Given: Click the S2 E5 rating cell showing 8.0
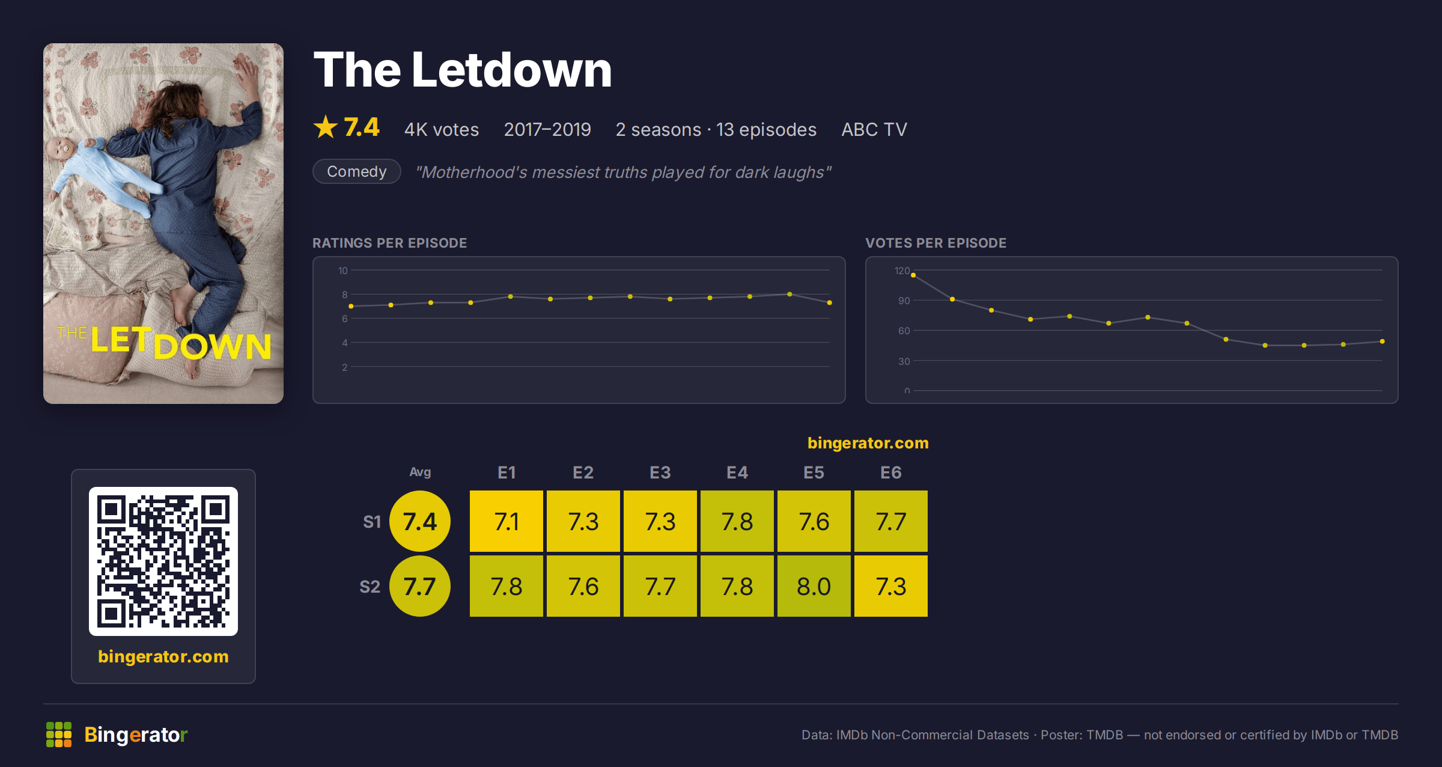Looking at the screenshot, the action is [814, 586].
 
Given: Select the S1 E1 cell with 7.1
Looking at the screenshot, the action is [507, 521].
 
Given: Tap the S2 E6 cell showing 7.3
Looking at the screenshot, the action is [891, 586].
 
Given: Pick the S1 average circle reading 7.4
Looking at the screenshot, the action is [420, 521].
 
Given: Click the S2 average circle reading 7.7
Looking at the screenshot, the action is [420, 586].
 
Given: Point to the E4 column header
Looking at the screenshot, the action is [737, 472].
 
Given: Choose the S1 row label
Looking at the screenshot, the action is [372, 522].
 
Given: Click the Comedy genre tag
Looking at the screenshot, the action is [357, 171].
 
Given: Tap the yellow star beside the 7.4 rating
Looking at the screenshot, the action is [326, 127].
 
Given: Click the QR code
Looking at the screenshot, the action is [163, 561].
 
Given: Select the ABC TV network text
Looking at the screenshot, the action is [874, 129].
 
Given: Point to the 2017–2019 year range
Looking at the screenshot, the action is [547, 129].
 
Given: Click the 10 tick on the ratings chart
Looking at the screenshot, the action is [343, 270].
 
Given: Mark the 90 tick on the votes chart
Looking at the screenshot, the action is [904, 301].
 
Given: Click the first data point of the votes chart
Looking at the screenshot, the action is [913, 275].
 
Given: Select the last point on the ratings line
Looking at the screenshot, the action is [830, 302].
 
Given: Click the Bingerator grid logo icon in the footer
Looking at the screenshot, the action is [59, 735].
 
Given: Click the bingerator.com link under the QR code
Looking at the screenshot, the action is [163, 656].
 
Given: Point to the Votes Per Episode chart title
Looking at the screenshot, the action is [935, 243].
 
